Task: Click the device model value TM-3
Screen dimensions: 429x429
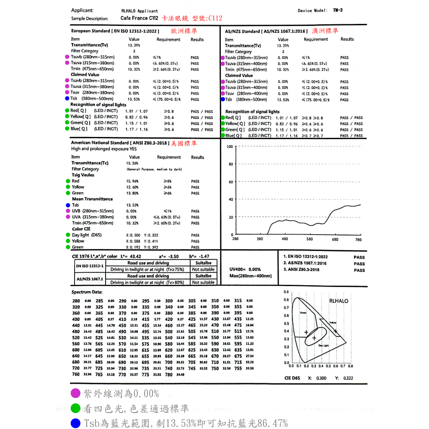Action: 338,10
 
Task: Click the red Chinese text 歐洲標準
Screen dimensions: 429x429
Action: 184,31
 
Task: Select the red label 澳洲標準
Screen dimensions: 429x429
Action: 325,31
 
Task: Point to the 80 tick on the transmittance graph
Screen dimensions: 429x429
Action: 230,164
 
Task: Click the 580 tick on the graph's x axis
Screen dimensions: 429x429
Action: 310,239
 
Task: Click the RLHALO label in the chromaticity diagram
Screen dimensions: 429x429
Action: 339,301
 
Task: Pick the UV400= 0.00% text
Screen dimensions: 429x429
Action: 245,269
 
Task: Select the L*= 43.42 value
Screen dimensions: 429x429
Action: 130,256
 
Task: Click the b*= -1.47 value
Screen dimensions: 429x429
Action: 199,256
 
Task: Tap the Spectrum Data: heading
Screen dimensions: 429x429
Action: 87,292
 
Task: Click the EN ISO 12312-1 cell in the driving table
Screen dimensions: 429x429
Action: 90,266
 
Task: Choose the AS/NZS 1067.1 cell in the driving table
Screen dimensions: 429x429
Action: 90,279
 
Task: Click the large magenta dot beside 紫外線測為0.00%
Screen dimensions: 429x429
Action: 76,393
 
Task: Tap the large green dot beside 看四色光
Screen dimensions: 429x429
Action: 76,408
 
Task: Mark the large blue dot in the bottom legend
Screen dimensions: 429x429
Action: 76,423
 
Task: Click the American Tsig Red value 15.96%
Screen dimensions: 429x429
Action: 132,181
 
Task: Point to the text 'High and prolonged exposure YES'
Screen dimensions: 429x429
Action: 104,149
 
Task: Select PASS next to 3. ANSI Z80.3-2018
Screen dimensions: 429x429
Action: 359,270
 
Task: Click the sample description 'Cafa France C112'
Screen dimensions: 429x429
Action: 139,18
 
